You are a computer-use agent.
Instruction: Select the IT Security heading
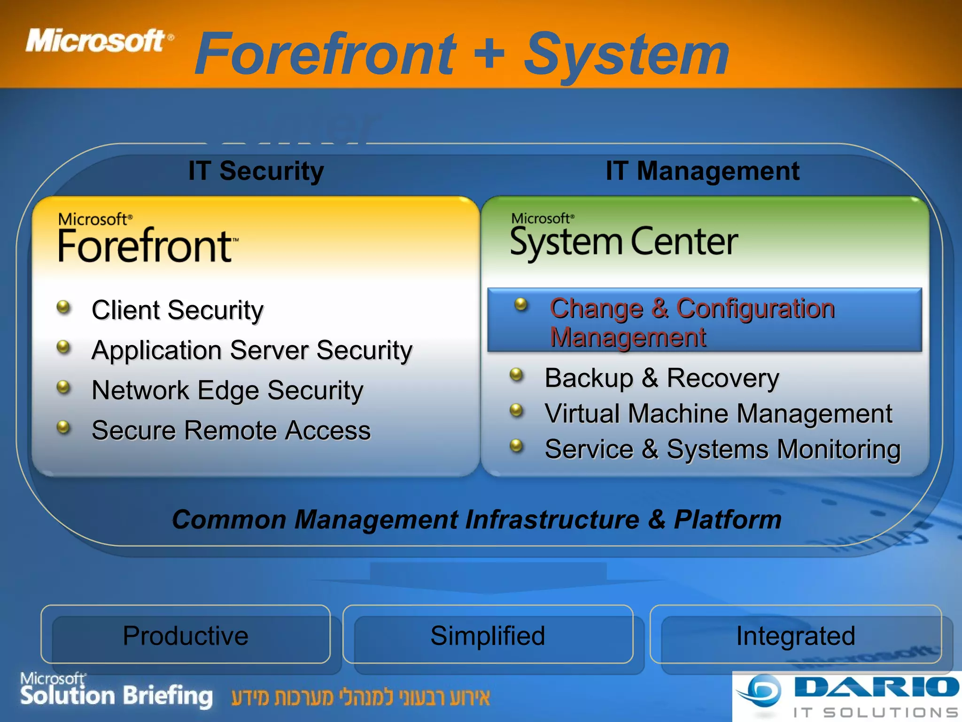click(256, 171)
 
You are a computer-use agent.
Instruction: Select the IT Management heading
click(702, 171)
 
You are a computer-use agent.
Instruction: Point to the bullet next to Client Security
click(63, 307)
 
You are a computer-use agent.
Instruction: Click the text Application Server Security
click(252, 351)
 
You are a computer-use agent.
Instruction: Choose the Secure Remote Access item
click(231, 431)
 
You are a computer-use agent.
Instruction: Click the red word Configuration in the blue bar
click(755, 309)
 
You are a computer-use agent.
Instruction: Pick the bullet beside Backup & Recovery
click(516, 375)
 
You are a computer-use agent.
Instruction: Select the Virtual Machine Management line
click(718, 414)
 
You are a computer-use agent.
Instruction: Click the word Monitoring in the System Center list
click(838, 449)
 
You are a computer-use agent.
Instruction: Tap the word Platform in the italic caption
click(727, 520)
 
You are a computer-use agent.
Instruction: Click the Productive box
click(186, 636)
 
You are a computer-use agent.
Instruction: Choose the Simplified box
click(488, 636)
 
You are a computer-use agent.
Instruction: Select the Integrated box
click(795, 636)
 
